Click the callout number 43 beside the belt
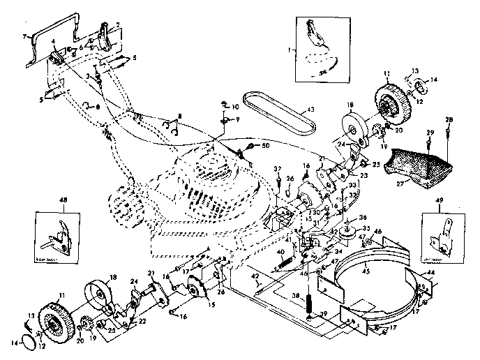(311, 110)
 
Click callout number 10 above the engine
(236, 107)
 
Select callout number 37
(277, 170)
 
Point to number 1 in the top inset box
(299, 50)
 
